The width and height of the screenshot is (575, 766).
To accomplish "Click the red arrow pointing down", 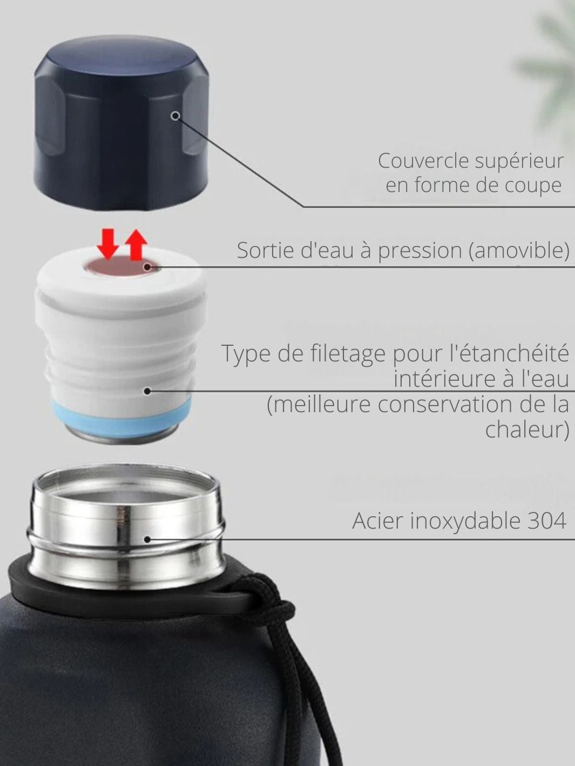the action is coord(109,244).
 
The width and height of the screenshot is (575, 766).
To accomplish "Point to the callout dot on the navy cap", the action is coord(176,115).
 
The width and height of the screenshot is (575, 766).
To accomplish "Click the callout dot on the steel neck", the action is coord(147,539).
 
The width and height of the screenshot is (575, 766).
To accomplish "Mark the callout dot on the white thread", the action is coord(147,391).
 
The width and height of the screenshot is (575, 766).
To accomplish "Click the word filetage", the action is coord(349,353).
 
